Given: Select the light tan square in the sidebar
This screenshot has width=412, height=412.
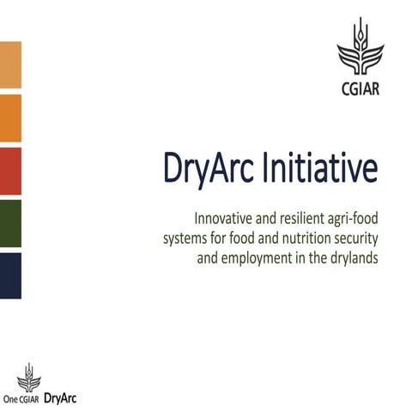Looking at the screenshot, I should click(x=10, y=64).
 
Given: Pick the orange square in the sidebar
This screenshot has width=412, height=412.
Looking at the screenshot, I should click(x=10, y=118).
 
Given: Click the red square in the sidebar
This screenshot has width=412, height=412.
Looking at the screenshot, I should click(x=10, y=171).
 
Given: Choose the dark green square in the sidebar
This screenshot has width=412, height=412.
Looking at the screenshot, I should click(x=10, y=223).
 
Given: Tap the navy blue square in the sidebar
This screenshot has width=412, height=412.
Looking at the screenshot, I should click(x=10, y=276).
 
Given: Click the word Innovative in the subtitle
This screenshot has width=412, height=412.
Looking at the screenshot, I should click(x=225, y=218).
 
